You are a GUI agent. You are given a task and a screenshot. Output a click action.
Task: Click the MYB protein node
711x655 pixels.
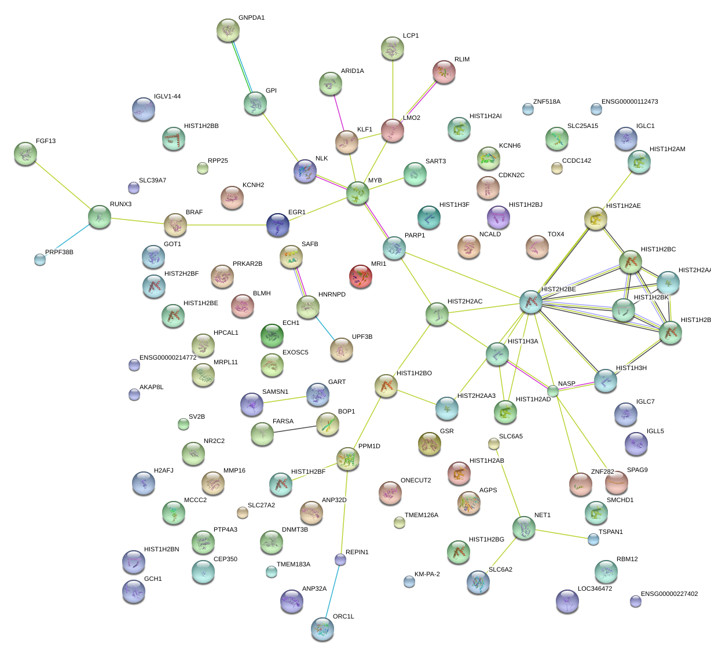click(x=358, y=193)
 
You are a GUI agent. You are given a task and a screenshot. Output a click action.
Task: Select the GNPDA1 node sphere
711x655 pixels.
click(x=228, y=30)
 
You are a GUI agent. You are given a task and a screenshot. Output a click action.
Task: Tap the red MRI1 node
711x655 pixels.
click(x=361, y=276)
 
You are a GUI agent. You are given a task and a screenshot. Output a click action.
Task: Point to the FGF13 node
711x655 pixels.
click(x=25, y=153)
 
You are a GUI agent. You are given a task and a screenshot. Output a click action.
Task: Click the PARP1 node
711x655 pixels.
click(x=394, y=247)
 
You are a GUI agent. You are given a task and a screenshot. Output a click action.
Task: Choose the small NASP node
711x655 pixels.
click(x=553, y=391)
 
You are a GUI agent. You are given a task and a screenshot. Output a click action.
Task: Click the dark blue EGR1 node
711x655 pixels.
click(x=278, y=225)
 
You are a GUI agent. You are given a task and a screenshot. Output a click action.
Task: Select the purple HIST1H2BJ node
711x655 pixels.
click(x=499, y=217)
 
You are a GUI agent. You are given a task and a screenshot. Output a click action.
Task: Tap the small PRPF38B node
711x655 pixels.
click(x=39, y=259)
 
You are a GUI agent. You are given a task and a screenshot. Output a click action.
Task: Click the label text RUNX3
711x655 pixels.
click(x=120, y=204)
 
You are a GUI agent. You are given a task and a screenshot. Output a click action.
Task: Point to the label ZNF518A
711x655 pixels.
click(x=547, y=102)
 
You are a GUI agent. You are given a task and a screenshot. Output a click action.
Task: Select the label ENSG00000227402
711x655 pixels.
click(x=669, y=594)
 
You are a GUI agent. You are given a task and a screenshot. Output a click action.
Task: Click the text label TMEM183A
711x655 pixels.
click(x=293, y=565)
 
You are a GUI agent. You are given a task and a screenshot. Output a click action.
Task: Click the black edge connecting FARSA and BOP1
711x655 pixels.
click(x=295, y=430)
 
